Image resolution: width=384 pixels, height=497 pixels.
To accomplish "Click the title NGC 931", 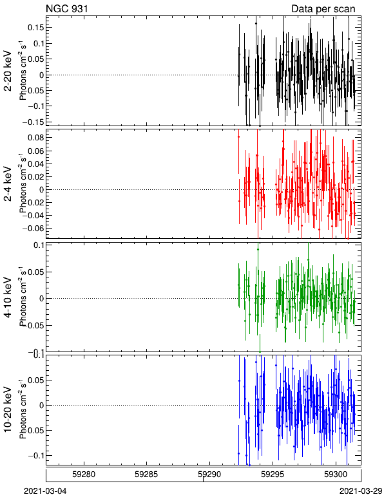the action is point(67,8).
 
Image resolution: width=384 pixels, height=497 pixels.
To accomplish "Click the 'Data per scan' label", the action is point(323,9).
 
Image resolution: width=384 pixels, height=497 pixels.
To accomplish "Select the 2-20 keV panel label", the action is point(8,71).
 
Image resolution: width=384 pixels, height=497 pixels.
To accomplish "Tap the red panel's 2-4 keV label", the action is point(8,184).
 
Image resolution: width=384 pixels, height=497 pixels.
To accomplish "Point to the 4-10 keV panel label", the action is point(8,297).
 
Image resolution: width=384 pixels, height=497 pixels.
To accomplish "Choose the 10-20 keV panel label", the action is point(8,409).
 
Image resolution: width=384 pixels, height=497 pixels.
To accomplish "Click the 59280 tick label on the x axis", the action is point(84,474).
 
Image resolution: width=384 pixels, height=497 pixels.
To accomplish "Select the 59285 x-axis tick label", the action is point(146,474).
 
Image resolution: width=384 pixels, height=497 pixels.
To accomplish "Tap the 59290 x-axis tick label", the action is point(209,474).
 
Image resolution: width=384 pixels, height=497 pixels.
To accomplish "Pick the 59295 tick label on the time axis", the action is point(272,474).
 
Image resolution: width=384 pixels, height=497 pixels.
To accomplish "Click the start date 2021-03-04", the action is point(45,491).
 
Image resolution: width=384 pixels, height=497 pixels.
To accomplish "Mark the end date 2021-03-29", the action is point(361,491).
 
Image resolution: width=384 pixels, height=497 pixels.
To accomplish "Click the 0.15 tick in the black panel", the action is point(35,28).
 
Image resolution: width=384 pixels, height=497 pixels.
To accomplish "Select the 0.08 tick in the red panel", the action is point(35,138).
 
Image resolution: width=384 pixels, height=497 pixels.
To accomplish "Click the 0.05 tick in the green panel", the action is point(35,272).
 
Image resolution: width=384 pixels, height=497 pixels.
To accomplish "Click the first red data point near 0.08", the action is point(238,136).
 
